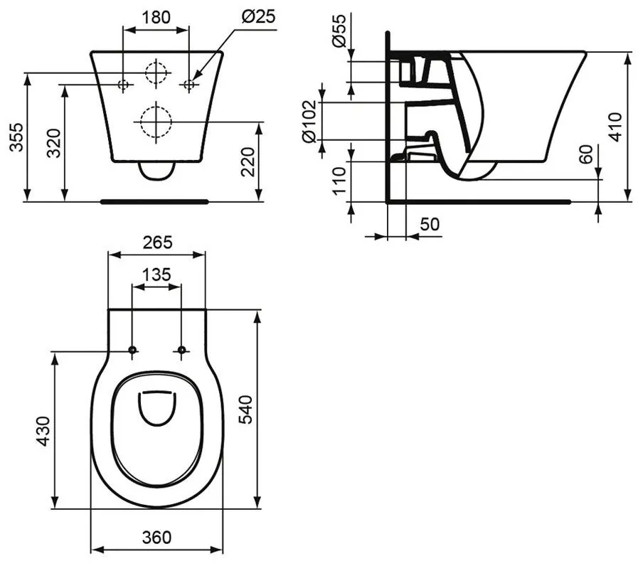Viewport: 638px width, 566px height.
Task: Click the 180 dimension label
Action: click(x=156, y=17)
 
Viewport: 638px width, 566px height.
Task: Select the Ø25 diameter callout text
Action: click(x=259, y=16)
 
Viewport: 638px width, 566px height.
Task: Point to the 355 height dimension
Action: click(x=16, y=137)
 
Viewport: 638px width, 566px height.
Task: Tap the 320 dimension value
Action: click(x=53, y=143)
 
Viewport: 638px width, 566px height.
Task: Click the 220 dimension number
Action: click(x=248, y=161)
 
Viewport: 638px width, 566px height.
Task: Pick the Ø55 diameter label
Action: click(x=339, y=31)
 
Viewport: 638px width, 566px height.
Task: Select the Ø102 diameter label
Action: click(x=309, y=122)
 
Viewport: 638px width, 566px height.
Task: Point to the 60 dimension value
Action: click(x=586, y=154)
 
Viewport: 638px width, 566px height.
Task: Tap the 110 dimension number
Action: click(x=339, y=181)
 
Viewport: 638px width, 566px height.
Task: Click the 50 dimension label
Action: click(x=430, y=224)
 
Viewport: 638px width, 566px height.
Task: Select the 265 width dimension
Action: click(x=157, y=242)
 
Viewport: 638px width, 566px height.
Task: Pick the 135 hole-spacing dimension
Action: click(x=156, y=274)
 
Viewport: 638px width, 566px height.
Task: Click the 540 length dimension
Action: click(x=245, y=410)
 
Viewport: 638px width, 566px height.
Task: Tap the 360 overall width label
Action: click(x=156, y=538)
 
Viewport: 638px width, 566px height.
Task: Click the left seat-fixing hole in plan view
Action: click(x=132, y=350)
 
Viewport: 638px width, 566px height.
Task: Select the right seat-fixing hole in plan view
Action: click(x=181, y=350)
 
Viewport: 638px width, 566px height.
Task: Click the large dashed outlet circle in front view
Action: click(x=156, y=122)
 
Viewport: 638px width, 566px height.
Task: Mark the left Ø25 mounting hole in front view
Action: click(x=123, y=85)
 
